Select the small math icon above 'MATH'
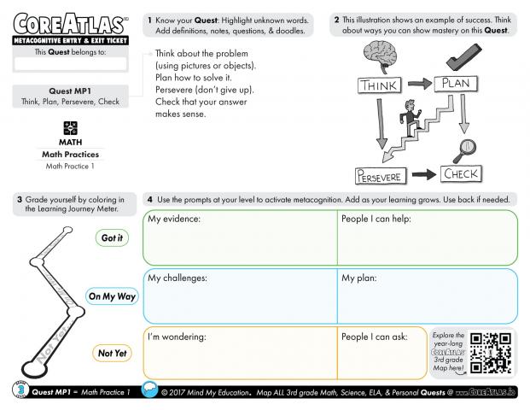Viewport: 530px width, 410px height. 70,128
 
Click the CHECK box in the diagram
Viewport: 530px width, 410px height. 460,174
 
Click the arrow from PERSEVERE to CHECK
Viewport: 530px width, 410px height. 422,176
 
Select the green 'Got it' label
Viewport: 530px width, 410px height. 111,237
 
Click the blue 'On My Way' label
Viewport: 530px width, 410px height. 112,296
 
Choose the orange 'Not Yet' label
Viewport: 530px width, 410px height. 111,352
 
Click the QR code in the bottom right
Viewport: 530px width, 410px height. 491,352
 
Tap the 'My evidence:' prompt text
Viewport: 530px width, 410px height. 174,220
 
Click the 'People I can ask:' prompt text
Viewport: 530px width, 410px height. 374,337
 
